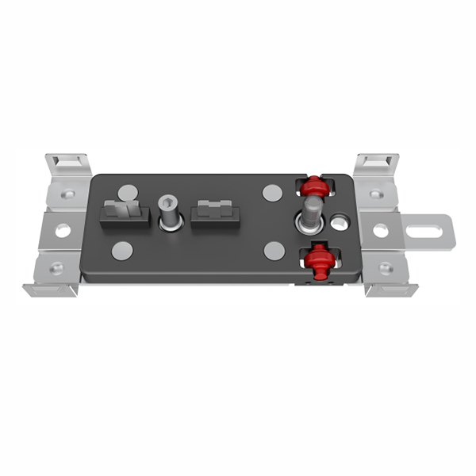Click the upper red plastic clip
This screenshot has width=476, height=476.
click(313, 188)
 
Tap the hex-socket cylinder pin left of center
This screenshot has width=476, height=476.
click(170, 211)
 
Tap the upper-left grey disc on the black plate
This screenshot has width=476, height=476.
click(128, 193)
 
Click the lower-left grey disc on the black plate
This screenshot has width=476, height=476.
click(122, 251)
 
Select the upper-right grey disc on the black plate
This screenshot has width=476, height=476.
click(272, 192)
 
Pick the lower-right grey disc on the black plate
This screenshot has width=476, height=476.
click(274, 251)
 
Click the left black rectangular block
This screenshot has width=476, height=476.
click(124, 214)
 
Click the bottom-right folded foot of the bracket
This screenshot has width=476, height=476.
click(390, 288)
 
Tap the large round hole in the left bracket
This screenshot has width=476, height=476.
click(63, 231)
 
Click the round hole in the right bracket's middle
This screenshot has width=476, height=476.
click(381, 230)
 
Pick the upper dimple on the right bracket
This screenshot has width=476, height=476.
click(375, 194)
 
